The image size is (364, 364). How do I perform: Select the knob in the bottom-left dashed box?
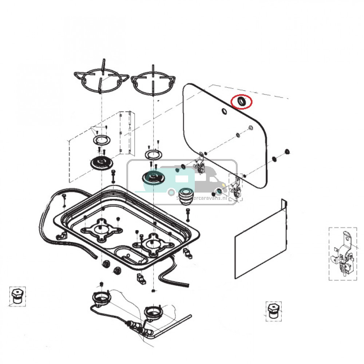click(x=16, y=297)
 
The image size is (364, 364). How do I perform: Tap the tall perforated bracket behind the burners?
click(x=126, y=133)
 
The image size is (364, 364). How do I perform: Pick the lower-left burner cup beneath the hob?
click(x=101, y=298)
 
